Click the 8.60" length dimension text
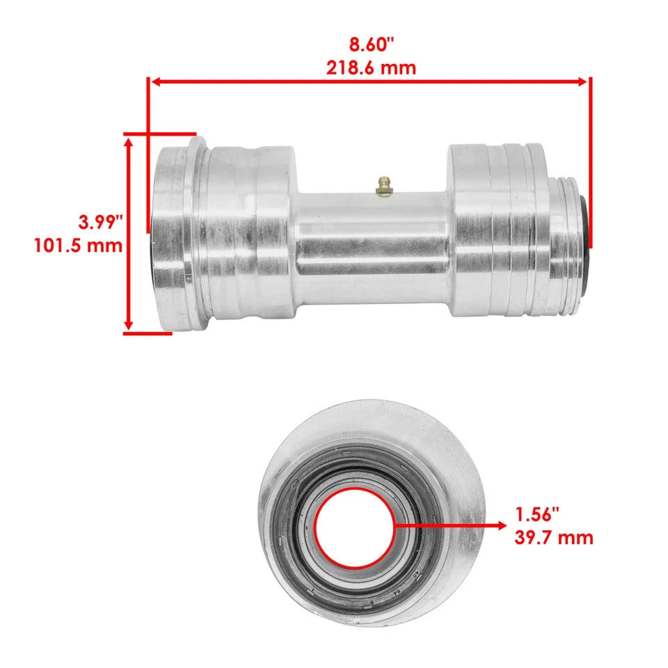click(371, 45)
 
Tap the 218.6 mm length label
click(371, 67)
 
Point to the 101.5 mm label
click(78, 246)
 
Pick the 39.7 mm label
click(554, 537)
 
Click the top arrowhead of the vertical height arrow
click(128, 141)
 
